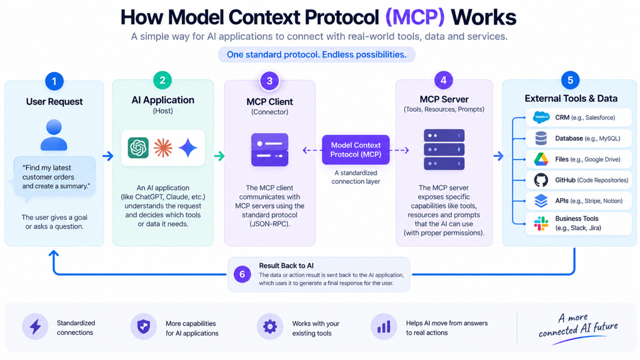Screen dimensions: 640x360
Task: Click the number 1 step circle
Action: (x=54, y=81)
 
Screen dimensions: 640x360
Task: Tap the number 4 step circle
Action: (x=444, y=81)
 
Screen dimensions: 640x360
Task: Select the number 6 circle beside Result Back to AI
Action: (x=242, y=274)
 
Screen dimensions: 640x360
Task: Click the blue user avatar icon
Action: (x=54, y=135)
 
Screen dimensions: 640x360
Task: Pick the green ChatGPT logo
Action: (x=138, y=147)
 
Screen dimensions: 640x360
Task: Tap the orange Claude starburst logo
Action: (x=163, y=147)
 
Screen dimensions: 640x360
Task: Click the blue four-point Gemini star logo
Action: (x=187, y=147)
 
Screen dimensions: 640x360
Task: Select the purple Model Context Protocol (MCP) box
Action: (x=356, y=150)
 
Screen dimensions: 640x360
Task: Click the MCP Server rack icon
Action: (x=444, y=149)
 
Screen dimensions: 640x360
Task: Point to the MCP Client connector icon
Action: (x=270, y=149)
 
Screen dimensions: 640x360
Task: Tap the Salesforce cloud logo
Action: (x=541, y=117)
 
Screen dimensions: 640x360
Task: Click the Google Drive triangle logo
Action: (x=541, y=159)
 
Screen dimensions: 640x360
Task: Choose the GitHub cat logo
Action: (x=541, y=180)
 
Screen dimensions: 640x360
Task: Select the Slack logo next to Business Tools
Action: (x=541, y=224)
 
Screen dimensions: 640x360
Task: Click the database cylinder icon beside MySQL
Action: (x=541, y=138)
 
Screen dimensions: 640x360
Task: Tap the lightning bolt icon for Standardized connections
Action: (x=36, y=326)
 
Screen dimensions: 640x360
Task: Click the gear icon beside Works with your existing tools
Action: (x=270, y=326)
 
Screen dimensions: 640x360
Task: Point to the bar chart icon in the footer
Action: (x=384, y=326)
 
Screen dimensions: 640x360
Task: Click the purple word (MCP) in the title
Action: (x=415, y=17)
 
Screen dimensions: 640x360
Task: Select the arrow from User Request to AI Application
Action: (x=107, y=156)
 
